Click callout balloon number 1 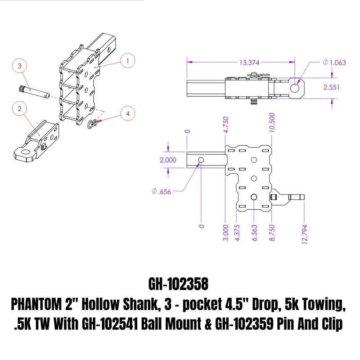click(x=128, y=60)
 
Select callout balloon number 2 click(x=19, y=108)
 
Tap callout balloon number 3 click(x=20, y=66)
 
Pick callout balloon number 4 click(x=128, y=114)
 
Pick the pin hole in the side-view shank click(x=200, y=160)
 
